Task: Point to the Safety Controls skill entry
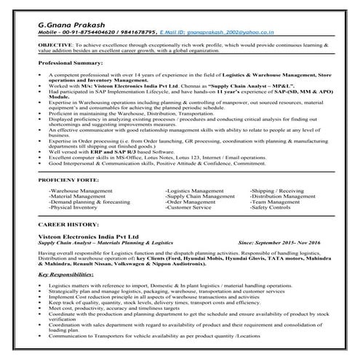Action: (271, 207)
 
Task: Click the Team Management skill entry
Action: (275, 201)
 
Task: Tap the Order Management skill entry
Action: (191, 201)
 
